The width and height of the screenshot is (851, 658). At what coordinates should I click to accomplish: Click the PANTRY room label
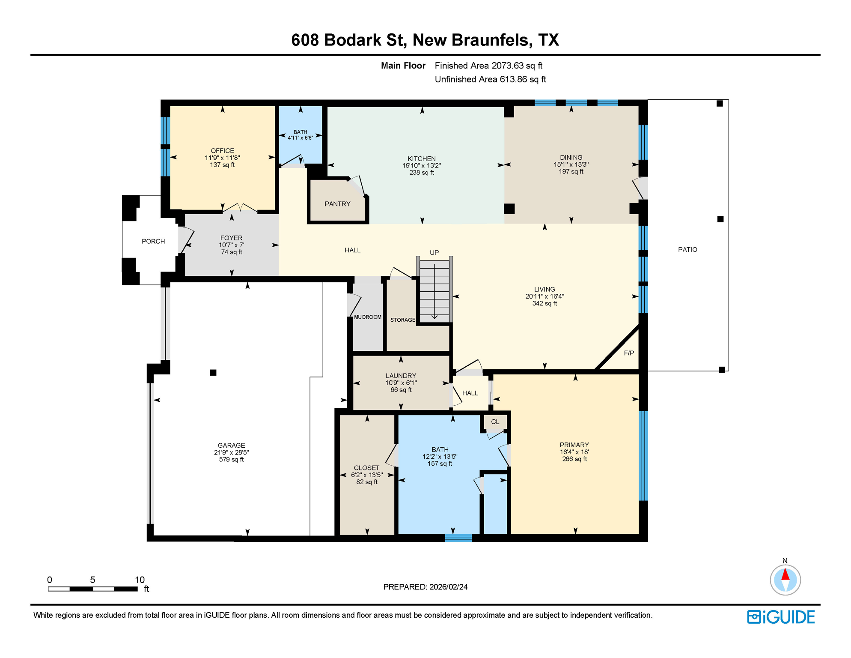tap(337, 204)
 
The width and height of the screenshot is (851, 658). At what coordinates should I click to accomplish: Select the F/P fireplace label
tap(629, 353)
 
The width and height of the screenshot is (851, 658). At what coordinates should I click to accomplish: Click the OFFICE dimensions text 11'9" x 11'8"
tap(222, 158)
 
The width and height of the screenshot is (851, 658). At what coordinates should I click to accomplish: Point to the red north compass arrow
tap(785, 574)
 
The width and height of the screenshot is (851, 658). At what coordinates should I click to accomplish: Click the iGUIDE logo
tap(781, 617)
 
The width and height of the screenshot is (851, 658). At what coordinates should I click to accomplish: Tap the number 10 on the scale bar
tap(140, 580)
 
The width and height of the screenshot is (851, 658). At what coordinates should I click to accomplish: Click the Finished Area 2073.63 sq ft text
tap(488, 66)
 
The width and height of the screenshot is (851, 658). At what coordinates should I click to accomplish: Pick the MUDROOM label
tap(368, 317)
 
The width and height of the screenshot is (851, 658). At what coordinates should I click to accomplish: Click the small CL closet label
tap(495, 422)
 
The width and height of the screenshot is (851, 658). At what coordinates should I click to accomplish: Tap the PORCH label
tap(153, 241)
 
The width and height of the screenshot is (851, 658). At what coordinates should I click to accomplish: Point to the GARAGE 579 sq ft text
tap(231, 459)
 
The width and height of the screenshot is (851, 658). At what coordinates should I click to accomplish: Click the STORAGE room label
tap(402, 320)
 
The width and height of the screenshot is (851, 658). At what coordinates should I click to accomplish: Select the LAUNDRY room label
tap(401, 375)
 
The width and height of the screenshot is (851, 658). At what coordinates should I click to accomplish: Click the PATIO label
tap(687, 249)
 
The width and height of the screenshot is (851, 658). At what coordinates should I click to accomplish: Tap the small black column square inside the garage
tap(213, 372)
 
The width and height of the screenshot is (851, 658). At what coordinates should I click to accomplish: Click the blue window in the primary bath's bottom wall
tap(458, 538)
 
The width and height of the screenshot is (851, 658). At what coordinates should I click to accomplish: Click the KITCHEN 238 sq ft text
tap(421, 173)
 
